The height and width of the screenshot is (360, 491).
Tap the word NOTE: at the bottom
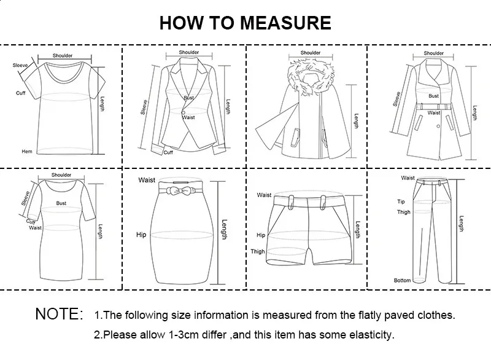[59, 315]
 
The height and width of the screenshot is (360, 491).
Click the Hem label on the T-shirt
[26, 151]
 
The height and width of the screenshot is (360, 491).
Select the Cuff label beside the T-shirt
[20, 93]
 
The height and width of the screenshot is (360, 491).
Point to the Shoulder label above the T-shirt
[63, 56]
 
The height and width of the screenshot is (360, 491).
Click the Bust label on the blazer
[188, 98]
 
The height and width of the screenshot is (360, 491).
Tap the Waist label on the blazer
[188, 117]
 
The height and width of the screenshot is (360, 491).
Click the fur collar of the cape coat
[311, 76]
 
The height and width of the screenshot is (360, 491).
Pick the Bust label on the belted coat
[434, 96]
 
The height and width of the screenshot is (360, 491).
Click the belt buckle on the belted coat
[434, 106]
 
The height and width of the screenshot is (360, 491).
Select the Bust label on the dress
[61, 202]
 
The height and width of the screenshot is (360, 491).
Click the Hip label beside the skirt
[142, 235]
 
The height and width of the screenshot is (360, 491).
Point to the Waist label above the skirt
[147, 180]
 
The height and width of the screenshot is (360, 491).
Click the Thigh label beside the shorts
[258, 251]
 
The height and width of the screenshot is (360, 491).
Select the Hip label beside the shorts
[261, 235]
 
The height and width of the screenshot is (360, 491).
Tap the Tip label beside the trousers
[401, 202]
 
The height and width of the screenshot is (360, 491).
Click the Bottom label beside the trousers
[402, 280]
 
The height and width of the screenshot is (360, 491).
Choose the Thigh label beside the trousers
[403, 212]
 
